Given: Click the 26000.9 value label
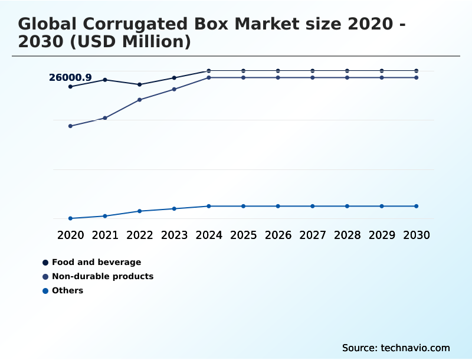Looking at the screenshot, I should (70, 77).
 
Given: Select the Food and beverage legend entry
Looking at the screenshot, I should (96, 262).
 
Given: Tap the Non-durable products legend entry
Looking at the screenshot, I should (102, 276).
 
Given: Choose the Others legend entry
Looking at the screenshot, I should (67, 290).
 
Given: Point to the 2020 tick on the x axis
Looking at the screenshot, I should (70, 235).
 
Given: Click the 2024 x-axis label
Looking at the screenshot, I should (209, 235).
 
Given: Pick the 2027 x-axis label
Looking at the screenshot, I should (313, 235).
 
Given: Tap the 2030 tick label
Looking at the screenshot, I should (416, 235).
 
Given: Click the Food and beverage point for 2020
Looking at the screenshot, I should (70, 87).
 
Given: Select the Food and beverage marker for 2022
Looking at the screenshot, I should (140, 84).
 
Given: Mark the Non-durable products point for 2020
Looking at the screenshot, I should (70, 126).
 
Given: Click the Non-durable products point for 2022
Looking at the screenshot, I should (140, 100).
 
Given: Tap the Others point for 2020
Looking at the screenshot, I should (70, 218).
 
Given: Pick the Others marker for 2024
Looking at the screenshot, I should (209, 206).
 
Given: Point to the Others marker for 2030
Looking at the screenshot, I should (416, 206).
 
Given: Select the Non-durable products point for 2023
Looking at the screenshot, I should (174, 89).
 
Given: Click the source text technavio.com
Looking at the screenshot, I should (415, 348).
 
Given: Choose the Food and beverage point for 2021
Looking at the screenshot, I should (105, 80).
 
